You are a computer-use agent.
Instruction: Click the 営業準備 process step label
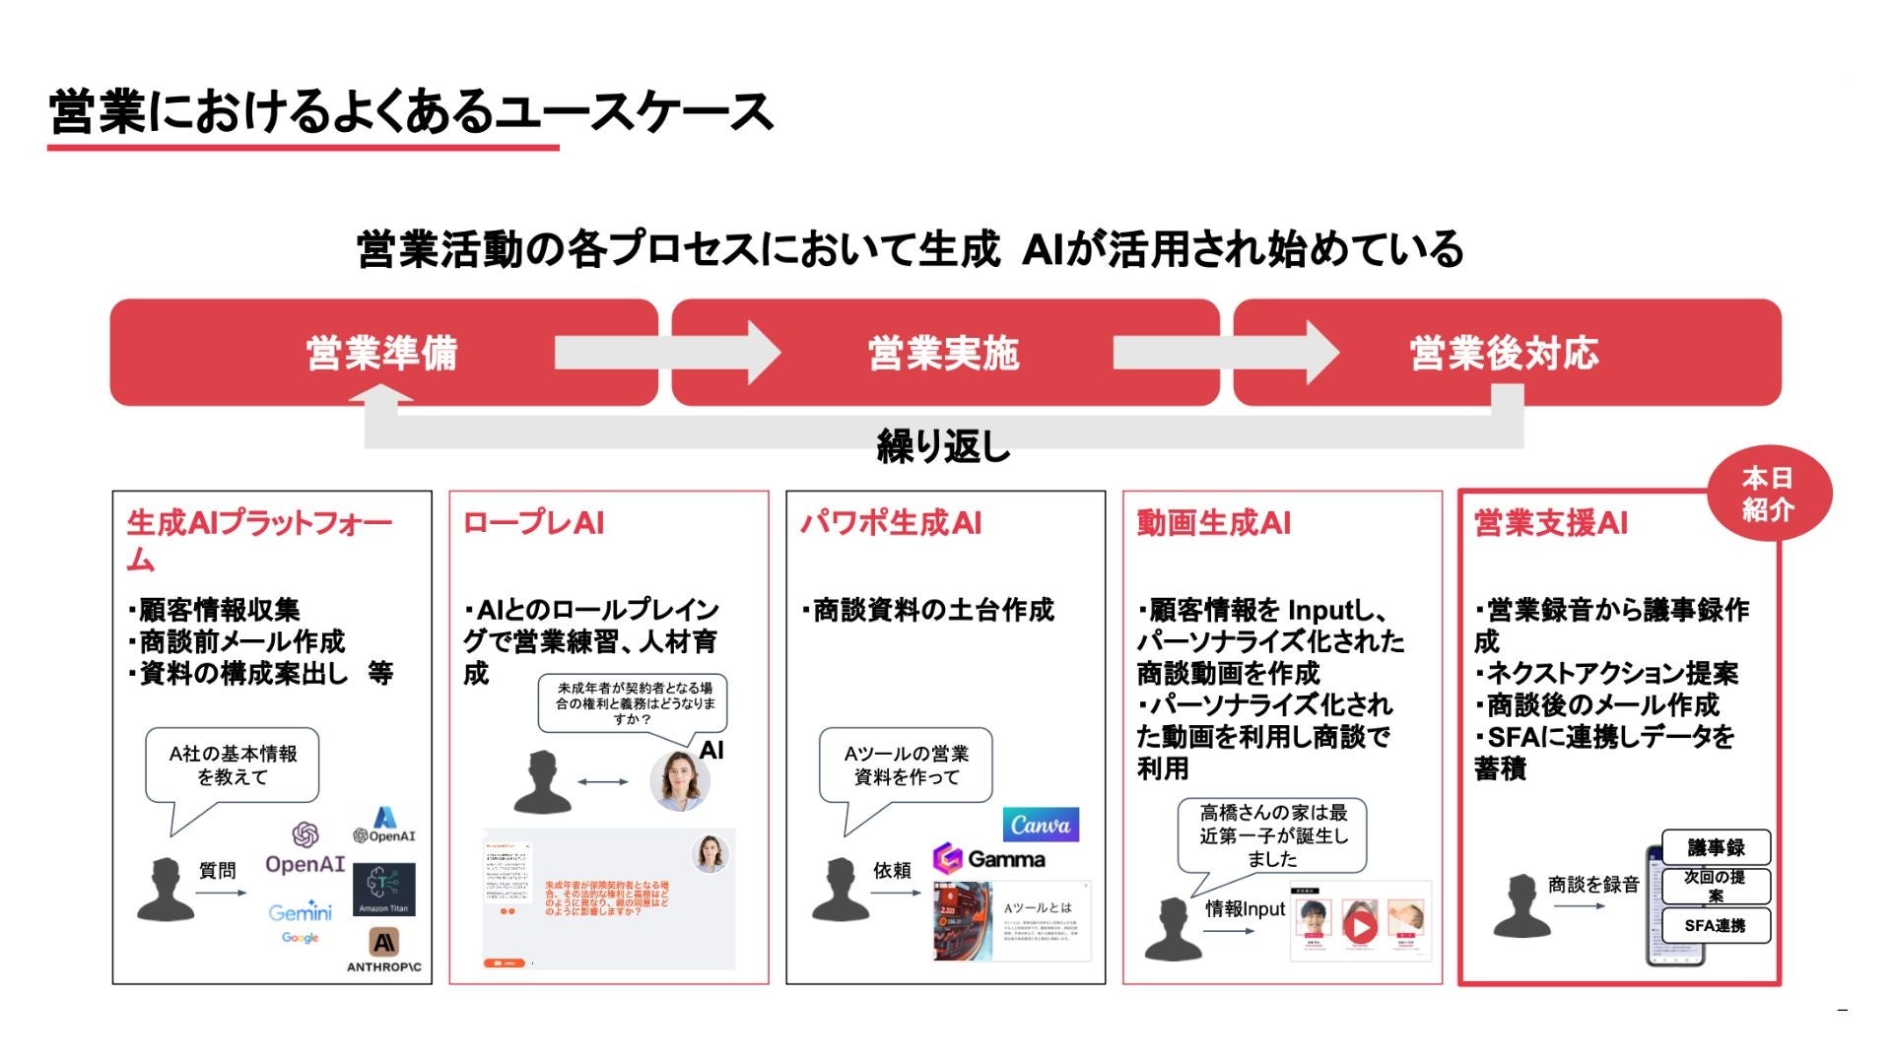pos(382,353)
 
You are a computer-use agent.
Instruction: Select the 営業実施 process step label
pos(943,353)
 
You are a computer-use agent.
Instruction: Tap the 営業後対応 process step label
pos(1504,353)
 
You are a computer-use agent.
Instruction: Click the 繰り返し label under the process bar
pos(943,446)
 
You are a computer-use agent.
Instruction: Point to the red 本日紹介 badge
pos(1768,494)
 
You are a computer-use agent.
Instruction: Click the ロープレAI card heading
pos(533,523)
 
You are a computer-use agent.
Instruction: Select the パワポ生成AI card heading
pos(891,523)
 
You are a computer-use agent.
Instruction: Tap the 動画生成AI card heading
pos(1214,523)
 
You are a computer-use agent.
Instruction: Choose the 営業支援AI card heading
pos(1550,523)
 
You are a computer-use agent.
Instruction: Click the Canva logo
pos(1041,825)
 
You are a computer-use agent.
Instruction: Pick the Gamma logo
pos(989,858)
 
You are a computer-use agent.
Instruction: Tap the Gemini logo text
pos(301,911)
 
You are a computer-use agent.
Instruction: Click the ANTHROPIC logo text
pos(383,966)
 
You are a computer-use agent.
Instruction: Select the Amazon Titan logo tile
pos(382,889)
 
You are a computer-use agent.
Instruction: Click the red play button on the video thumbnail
pos(1361,926)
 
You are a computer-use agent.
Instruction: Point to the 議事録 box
pos(1716,847)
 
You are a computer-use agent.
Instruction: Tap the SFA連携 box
pos(1715,925)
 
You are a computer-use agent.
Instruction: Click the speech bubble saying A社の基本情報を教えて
pos(233,765)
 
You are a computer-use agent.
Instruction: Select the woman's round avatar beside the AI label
pos(680,779)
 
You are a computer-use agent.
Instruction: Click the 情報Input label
pos(1245,908)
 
